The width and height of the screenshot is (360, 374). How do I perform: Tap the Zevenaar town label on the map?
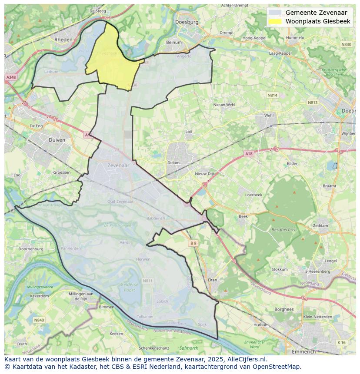point(118,165)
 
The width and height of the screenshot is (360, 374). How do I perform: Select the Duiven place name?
point(57,140)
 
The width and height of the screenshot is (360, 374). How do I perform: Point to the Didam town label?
point(173,163)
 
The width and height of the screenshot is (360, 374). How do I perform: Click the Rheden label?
point(63,39)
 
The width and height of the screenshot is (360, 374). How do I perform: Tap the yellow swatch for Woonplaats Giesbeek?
point(275,21)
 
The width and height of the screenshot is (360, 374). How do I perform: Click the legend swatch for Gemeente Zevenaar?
point(275,13)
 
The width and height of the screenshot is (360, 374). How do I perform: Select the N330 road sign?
point(346,44)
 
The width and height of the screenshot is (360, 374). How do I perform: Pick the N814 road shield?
point(272,95)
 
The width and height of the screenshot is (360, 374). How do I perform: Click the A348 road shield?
point(10,77)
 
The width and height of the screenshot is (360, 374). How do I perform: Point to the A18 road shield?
point(248,154)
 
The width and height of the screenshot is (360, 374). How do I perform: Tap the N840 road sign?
point(39,320)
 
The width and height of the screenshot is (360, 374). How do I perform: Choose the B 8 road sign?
point(193,243)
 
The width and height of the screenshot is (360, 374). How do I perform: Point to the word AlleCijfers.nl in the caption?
point(247,359)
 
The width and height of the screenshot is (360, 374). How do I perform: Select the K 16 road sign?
point(342,342)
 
